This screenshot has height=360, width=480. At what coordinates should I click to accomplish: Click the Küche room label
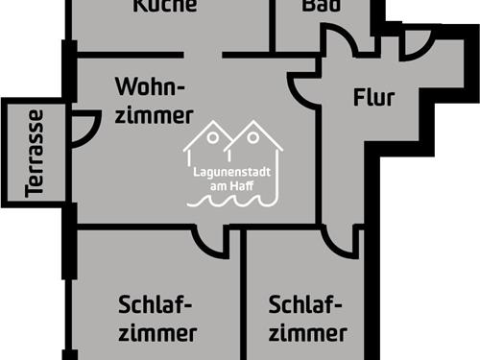pos(165,7)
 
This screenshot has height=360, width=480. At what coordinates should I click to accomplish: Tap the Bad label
pos(321,7)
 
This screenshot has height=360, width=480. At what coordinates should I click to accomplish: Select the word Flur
pos(373,97)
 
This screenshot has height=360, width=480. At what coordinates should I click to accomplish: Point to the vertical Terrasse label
pos(36,153)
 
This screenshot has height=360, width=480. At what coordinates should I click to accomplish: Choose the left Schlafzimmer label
pos(157,319)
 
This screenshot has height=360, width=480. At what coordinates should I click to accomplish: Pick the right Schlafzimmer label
pos(307,319)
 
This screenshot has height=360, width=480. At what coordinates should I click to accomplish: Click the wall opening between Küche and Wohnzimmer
pos(203,55)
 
